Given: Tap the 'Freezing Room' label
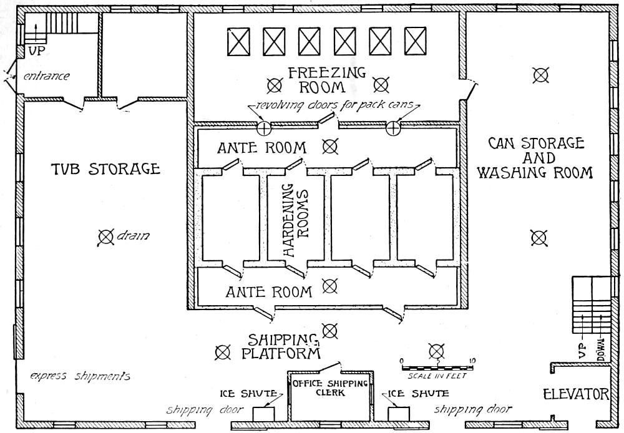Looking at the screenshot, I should [326, 79].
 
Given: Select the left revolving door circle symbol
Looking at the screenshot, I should [264, 128].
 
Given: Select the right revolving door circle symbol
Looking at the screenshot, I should [392, 128].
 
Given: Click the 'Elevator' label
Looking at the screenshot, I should [575, 394].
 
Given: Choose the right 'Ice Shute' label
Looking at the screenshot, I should [418, 394].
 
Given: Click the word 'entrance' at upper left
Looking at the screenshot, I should [47, 76].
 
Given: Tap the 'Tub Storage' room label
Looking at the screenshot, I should [105, 168].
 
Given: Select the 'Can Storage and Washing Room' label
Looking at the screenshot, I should [535, 158].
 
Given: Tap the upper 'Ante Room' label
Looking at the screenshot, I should [261, 148].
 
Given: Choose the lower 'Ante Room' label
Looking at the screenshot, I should [269, 291].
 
